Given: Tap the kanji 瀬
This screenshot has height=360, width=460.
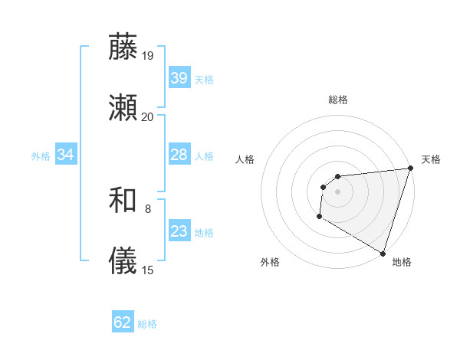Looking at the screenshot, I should [123, 109].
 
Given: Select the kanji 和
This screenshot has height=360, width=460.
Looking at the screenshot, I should [123, 200].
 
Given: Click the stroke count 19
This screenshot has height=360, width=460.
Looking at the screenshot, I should [147, 55].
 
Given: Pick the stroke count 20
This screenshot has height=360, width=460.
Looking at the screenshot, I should [147, 117].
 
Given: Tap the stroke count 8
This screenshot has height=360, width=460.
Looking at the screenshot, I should [148, 208].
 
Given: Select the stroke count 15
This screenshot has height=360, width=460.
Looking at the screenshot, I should [147, 270].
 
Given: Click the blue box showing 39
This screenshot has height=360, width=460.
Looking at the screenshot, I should [179, 78].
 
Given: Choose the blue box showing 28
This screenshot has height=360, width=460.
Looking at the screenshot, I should [179, 155].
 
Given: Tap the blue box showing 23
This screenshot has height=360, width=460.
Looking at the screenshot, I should [179, 231].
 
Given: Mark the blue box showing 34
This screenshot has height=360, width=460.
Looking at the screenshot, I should [65, 155].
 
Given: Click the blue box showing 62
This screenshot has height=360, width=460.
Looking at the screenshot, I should [123, 322].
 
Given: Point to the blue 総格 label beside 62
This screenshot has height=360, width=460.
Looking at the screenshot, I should [147, 324].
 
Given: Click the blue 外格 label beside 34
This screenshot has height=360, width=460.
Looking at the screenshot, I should [41, 156].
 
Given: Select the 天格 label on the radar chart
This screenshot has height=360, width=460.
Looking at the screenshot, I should [431, 160].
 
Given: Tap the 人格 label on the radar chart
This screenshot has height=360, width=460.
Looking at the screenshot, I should [245, 160].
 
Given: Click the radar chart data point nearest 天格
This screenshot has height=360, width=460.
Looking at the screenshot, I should [409, 169].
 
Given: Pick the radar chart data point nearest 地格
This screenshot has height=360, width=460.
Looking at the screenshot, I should [383, 253].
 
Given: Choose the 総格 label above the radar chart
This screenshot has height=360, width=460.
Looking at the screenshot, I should [337, 100].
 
